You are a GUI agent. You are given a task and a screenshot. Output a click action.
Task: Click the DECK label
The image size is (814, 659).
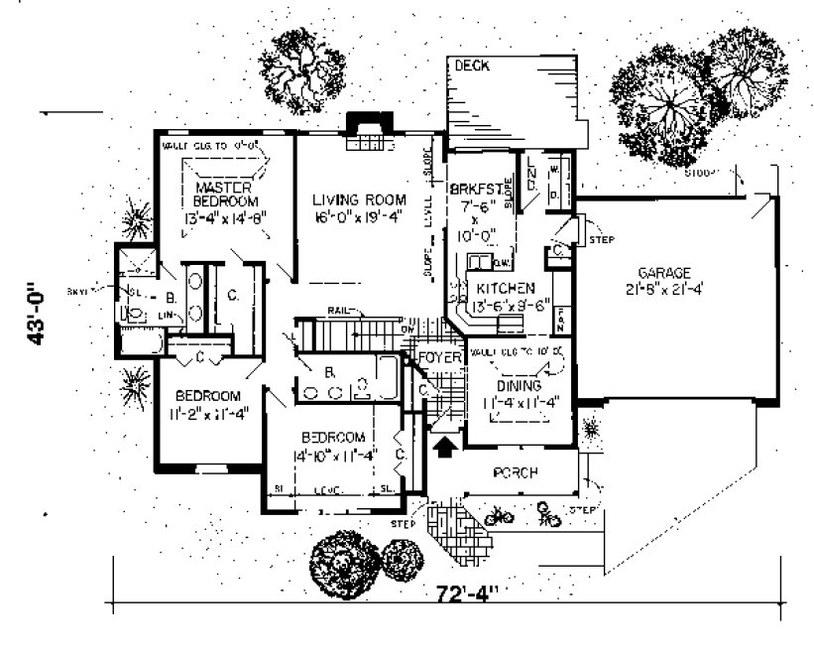click(x=472, y=66)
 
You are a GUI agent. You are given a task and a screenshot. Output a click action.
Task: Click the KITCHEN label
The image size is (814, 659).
click(x=506, y=288)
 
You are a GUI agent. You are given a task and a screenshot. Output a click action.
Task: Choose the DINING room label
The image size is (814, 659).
click(x=519, y=385)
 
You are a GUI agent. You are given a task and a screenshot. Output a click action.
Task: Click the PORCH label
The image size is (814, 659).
click(x=515, y=473)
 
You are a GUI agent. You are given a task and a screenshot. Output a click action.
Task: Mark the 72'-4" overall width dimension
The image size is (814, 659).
click(x=466, y=593)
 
